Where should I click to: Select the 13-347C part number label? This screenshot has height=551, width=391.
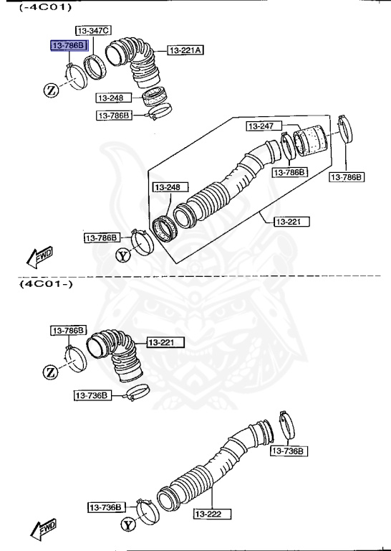[x=96, y=30]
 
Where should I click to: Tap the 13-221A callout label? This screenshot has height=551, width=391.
[x=186, y=50]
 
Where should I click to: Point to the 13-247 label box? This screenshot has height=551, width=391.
[x=261, y=126]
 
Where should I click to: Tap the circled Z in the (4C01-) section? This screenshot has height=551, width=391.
[x=51, y=372]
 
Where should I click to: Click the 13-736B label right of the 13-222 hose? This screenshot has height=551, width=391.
[x=289, y=451]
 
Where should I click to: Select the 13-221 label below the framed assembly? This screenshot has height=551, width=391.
[x=291, y=222]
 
